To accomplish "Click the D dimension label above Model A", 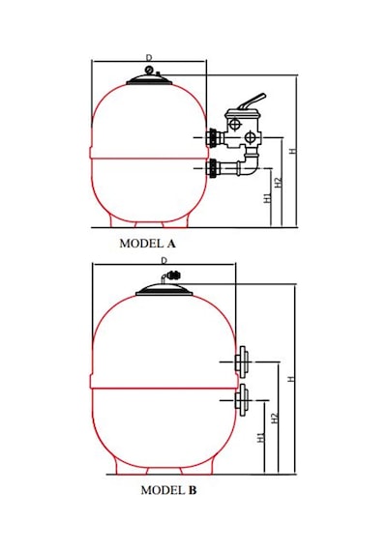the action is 149,57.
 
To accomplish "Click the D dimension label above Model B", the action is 164,260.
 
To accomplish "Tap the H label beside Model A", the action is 293,151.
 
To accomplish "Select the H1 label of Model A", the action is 268,197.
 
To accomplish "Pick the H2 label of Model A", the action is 279,183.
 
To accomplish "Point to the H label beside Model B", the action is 290,379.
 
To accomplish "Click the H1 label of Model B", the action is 260,437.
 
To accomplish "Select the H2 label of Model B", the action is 275,418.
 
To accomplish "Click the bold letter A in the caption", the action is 171,244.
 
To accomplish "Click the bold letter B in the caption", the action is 193,490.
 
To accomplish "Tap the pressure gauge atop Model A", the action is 149,70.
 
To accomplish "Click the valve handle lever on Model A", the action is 252,101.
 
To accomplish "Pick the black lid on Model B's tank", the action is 164,289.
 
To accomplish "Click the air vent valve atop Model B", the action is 171,275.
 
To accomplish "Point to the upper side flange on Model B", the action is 242,362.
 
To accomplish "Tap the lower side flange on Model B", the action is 242,400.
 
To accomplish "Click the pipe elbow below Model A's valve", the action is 250,164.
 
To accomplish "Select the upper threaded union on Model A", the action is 213,137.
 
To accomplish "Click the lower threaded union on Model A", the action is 213,168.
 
